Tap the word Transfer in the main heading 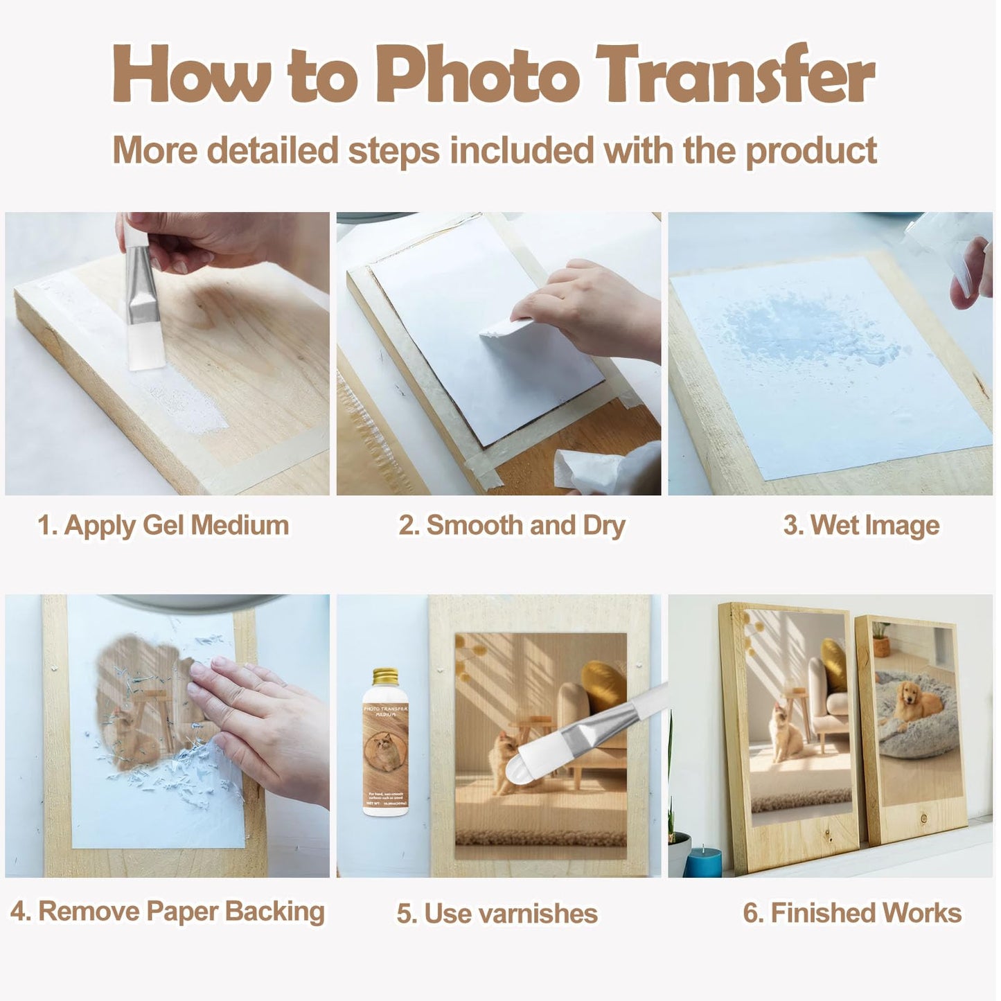coord(736,74)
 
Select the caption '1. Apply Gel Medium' coord(163,525)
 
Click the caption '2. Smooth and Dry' coord(512,525)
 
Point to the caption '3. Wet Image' coord(861,525)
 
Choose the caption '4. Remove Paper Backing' coord(168,912)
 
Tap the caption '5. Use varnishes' coord(497,914)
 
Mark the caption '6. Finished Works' coord(852,913)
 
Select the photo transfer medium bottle coord(386,748)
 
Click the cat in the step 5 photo coord(504,762)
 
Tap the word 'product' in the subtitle coord(811,151)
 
